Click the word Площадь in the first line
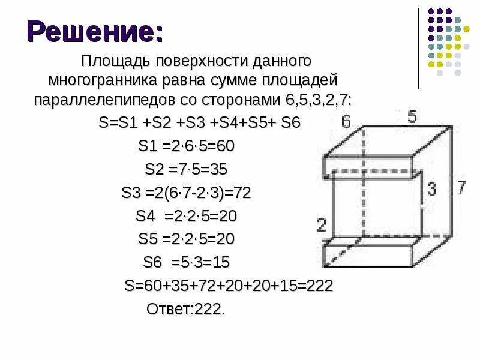(116, 62)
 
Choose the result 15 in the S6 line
(220, 262)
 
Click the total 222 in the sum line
(319, 286)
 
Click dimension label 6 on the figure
(346, 122)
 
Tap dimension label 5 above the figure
(412, 116)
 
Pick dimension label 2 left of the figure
(321, 226)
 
